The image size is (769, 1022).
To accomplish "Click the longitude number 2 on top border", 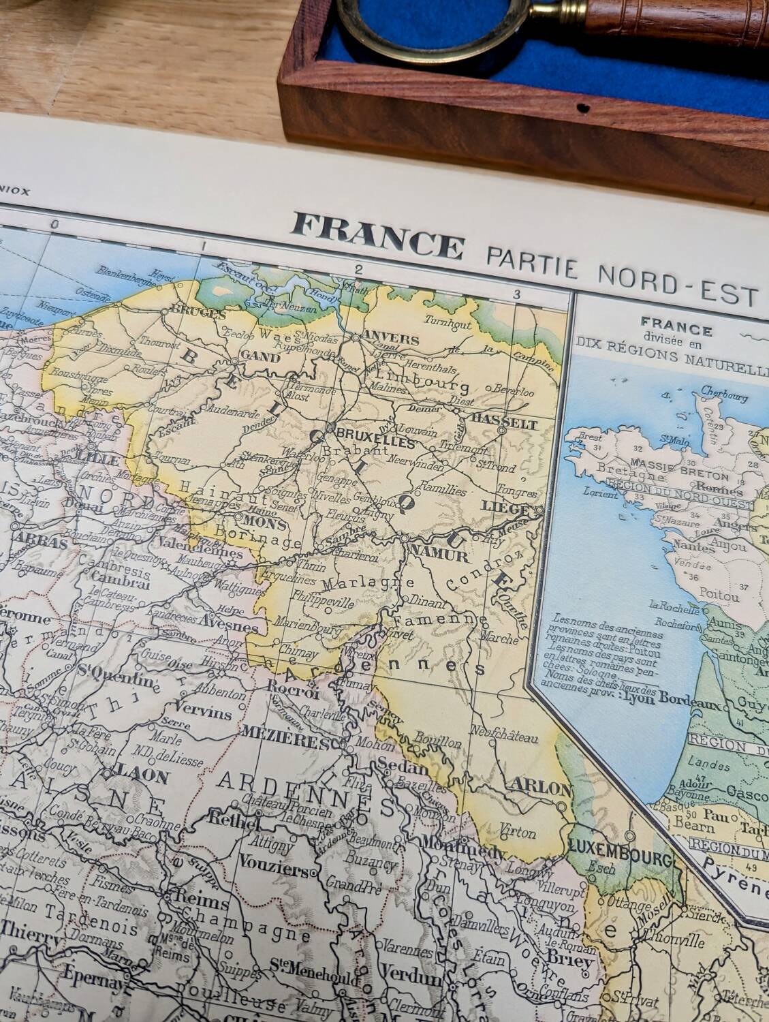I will (x=356, y=270).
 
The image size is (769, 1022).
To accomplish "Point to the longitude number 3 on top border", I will (x=517, y=294).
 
